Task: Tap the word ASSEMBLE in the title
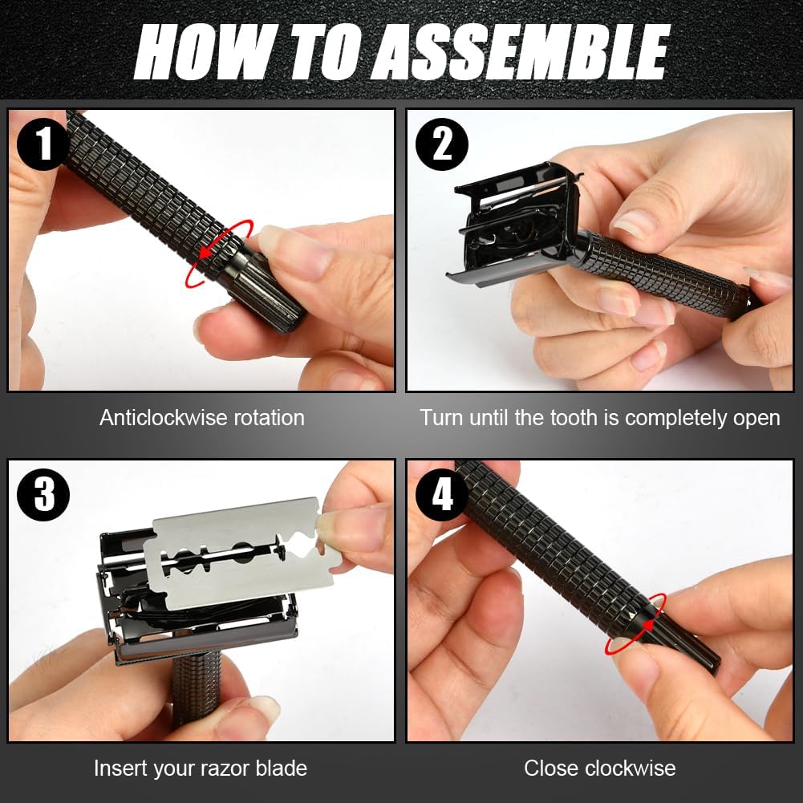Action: point(521,51)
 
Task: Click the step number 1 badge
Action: point(43,144)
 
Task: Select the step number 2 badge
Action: point(441,144)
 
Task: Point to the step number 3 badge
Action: point(43,495)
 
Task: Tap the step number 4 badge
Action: point(441,495)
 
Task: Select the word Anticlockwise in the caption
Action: point(162,418)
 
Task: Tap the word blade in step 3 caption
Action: point(281,769)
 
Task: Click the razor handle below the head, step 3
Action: point(197,689)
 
